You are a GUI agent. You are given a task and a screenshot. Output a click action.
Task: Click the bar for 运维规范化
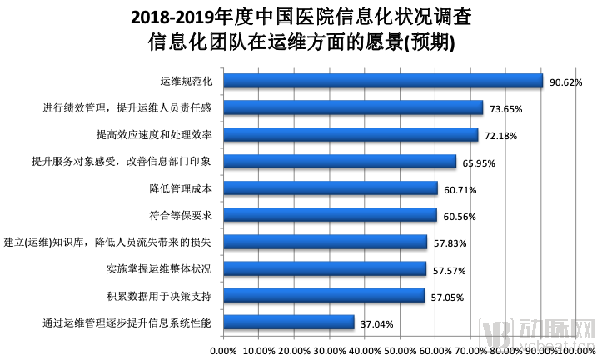coord(382,81)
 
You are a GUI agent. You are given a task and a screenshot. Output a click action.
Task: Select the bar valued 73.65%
coord(352,107)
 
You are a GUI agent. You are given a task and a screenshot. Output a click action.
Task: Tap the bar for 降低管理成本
coord(330,188)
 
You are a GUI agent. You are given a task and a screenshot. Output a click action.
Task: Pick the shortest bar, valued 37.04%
coord(288,322)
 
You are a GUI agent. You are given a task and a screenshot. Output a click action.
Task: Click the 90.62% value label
coord(565,82)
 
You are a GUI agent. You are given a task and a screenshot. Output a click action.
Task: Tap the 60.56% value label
coord(460,217)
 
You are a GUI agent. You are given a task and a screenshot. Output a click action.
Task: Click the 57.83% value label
coord(450,243)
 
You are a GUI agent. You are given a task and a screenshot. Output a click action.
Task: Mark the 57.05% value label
coord(447,297)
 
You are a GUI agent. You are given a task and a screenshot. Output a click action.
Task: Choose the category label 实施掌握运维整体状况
coord(159,268)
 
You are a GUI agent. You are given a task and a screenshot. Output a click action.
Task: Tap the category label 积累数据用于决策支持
coord(159,295)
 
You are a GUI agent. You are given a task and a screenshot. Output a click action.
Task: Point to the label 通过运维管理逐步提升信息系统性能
coord(127,322)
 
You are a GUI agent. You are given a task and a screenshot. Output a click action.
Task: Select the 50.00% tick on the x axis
coord(401,350)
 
